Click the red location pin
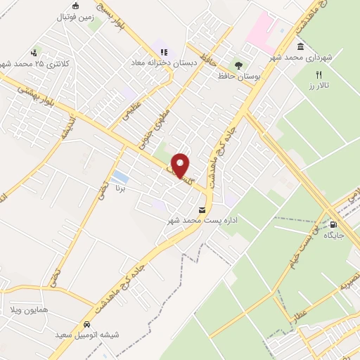[181, 165]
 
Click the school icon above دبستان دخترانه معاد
[164, 51]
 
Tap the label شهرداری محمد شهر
[317, 56]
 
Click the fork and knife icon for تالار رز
[318, 75]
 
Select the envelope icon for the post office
[202, 210]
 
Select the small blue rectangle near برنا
[120, 176]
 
